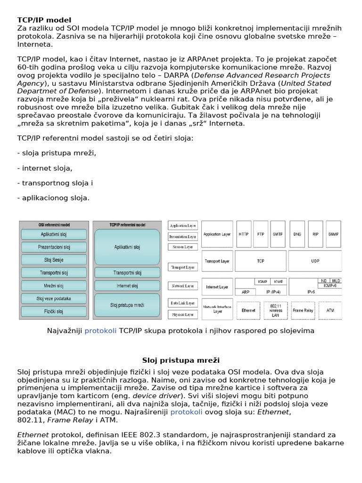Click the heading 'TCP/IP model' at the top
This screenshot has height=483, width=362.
pos(44,20)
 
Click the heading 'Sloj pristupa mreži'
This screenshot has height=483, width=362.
pos(181,360)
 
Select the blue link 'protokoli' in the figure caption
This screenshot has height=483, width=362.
pos(100,331)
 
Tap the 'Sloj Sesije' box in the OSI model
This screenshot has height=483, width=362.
pos(53,260)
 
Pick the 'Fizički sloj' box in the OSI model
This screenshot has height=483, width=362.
pos(53,311)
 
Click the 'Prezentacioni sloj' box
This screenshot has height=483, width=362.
pos(53,247)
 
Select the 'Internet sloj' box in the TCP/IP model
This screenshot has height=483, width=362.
pos(127,286)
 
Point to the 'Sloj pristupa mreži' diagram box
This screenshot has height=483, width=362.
pos(127,305)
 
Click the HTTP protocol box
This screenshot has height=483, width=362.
pos(244,234)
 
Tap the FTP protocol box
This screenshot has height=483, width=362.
pos(261,234)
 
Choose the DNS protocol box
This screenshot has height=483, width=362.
pos(297,234)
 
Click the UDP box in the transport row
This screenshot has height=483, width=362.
pos(315,260)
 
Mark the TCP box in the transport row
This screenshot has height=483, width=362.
pos(261,260)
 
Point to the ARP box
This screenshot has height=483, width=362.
pos(245,292)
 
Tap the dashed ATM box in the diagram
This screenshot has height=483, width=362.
pos(330,310)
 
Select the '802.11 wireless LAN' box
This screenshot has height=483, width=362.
pos(275,310)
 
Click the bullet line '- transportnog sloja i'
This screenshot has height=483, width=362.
pos(55,183)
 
